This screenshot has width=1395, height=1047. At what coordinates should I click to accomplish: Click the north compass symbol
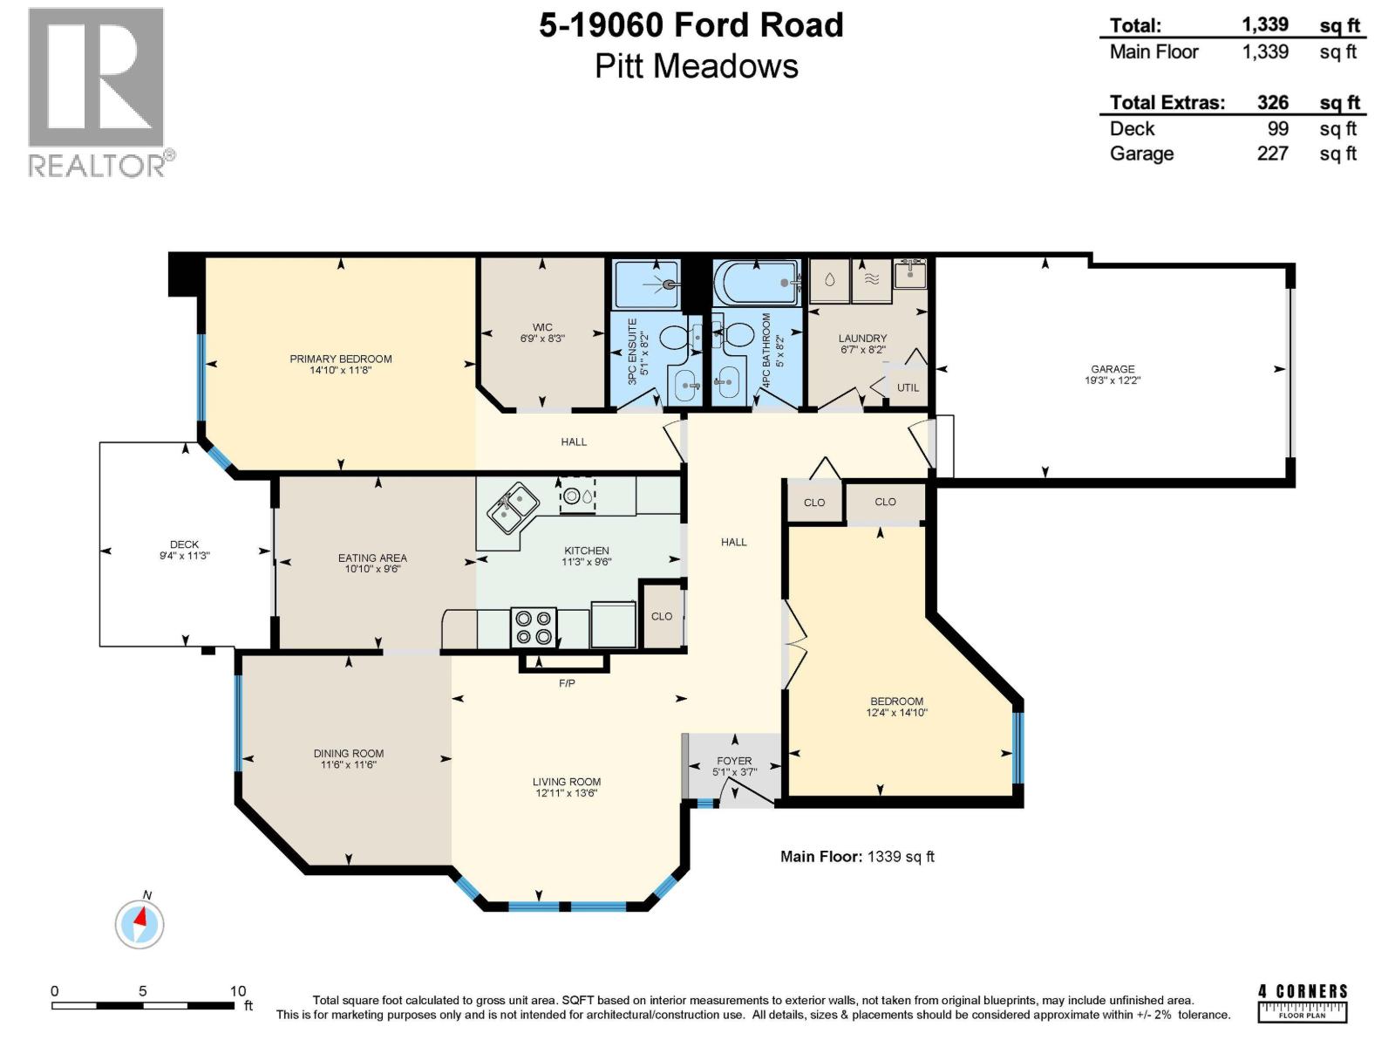pyautogui.click(x=139, y=922)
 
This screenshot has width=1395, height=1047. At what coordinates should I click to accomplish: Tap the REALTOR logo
pyautogui.click(x=97, y=92)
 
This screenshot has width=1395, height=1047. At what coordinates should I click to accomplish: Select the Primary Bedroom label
pyautogui.click(x=340, y=359)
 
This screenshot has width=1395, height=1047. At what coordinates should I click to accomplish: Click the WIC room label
pyautogui.click(x=542, y=327)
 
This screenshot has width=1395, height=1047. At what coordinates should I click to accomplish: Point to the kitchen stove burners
pyautogui.click(x=534, y=626)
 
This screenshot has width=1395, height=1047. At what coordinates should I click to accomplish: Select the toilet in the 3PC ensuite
pyautogui.click(x=674, y=337)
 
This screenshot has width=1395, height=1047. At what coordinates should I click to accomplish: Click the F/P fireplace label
pyautogui.click(x=567, y=683)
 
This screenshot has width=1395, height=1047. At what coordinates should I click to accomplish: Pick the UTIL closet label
pyautogui.click(x=908, y=387)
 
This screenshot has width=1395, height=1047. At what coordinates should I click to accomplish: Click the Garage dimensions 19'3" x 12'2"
pyautogui.click(x=1113, y=380)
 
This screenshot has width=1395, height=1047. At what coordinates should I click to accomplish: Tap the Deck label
pyautogui.click(x=184, y=544)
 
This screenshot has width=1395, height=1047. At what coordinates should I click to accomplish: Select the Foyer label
pyautogui.click(x=734, y=761)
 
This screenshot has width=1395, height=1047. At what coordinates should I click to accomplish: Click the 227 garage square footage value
pyautogui.click(x=1272, y=154)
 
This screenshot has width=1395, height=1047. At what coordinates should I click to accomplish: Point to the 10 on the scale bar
pyautogui.click(x=238, y=991)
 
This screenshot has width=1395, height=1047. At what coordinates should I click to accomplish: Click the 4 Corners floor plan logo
pyautogui.click(x=1303, y=1003)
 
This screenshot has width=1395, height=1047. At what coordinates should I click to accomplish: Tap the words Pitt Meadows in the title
pyautogui.click(x=696, y=66)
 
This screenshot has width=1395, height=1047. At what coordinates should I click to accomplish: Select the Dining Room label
pyautogui.click(x=348, y=753)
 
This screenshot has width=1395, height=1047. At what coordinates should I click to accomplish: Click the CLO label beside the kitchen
pyautogui.click(x=662, y=616)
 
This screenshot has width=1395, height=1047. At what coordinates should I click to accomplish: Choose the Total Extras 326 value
pyautogui.click(x=1272, y=102)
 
